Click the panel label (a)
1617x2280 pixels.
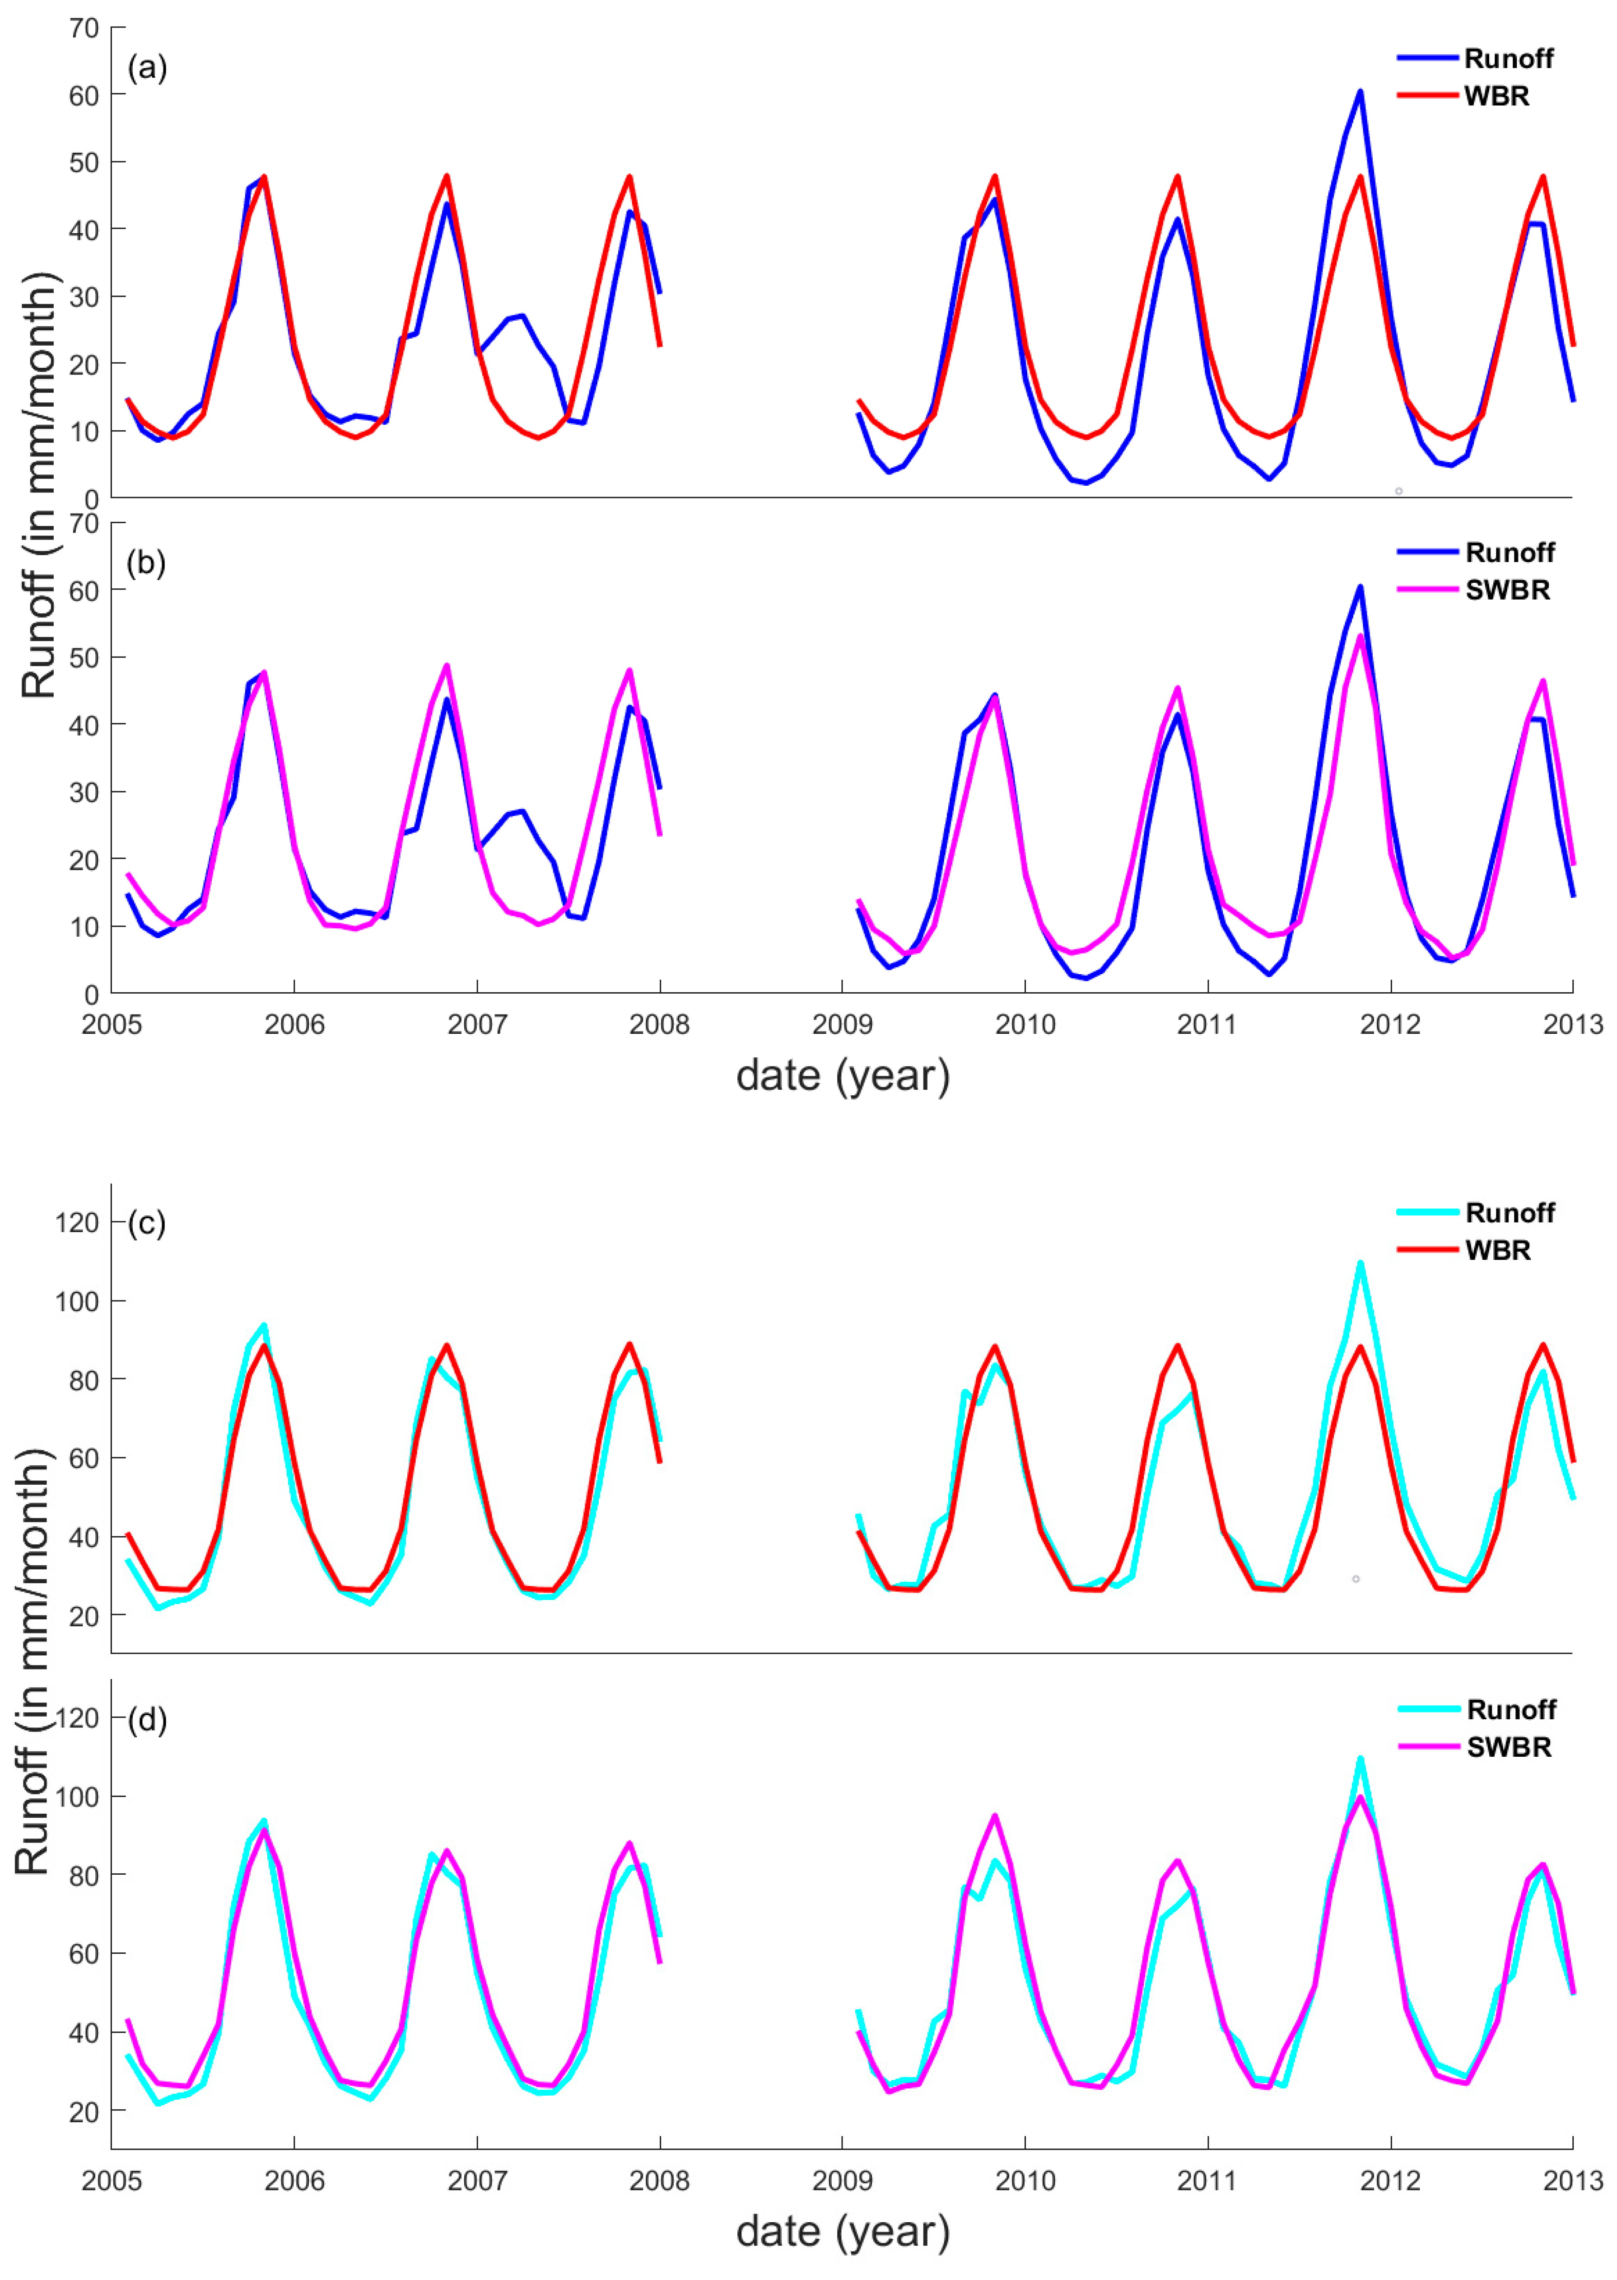(146, 69)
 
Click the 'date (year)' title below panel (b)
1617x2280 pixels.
(842, 1076)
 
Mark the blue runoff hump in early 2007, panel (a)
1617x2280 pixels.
(518, 317)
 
